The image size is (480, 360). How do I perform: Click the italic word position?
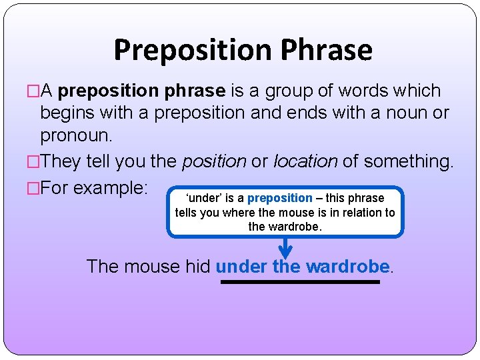(213, 161)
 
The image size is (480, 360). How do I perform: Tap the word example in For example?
(110, 187)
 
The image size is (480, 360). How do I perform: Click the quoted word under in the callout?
(201, 198)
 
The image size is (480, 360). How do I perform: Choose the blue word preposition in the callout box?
(279, 198)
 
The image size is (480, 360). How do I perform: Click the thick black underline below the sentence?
(300, 282)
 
